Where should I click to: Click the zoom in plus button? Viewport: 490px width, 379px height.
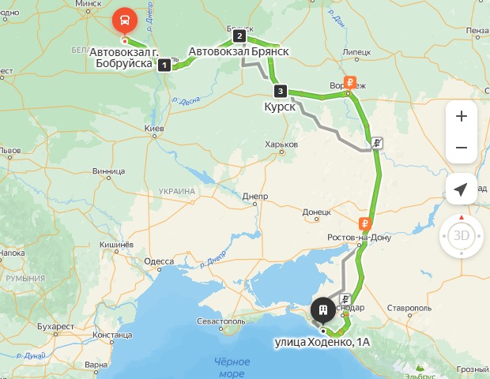click(x=462, y=116)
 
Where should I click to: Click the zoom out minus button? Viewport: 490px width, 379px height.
click(x=462, y=148)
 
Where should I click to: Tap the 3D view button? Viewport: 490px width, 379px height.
click(x=462, y=235)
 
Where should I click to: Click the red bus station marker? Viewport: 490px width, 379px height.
click(x=124, y=18)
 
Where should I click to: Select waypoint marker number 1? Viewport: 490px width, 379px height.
click(x=164, y=65)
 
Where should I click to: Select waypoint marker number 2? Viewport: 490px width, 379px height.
click(x=239, y=36)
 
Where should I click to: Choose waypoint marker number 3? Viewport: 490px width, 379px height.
click(x=280, y=90)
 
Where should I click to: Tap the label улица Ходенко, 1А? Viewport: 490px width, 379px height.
click(x=322, y=343)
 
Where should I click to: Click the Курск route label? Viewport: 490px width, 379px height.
click(x=280, y=106)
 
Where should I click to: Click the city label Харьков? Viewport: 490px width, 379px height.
click(x=282, y=144)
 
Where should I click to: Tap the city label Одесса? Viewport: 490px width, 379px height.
click(x=159, y=261)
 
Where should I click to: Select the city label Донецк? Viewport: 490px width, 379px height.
click(x=316, y=212)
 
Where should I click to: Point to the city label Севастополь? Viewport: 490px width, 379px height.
click(x=228, y=322)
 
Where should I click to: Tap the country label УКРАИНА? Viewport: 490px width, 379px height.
click(x=176, y=191)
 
